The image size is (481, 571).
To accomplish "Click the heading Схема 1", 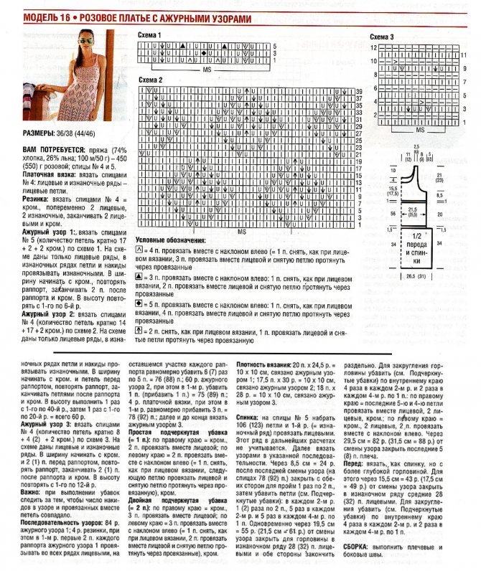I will click(x=150, y=35).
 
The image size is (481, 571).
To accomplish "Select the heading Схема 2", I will click(x=151, y=80).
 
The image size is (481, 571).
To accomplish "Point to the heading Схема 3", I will click(x=382, y=37).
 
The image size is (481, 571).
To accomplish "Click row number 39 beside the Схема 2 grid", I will click(x=359, y=92).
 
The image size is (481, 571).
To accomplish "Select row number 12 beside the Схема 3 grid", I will click(x=373, y=47).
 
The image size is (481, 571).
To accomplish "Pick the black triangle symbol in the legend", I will click(x=141, y=258).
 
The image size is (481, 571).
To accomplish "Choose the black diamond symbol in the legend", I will click(x=141, y=285).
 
